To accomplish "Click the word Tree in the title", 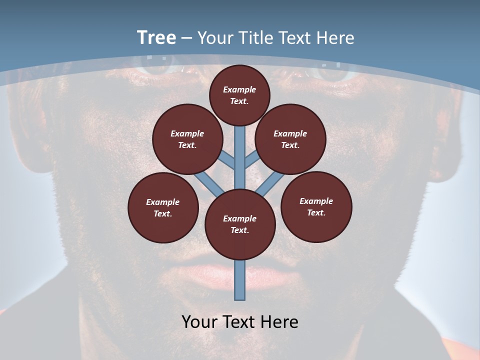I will tap(156, 38).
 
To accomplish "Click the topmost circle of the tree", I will tap(239, 95).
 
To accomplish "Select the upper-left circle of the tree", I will tap(187, 139).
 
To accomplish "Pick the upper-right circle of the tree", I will tap(290, 139).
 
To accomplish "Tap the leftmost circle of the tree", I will tap(163, 207).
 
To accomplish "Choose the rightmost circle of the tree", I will tap(316, 206).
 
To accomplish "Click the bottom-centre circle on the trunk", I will tap(240, 224).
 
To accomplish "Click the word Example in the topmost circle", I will tap(239, 89).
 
